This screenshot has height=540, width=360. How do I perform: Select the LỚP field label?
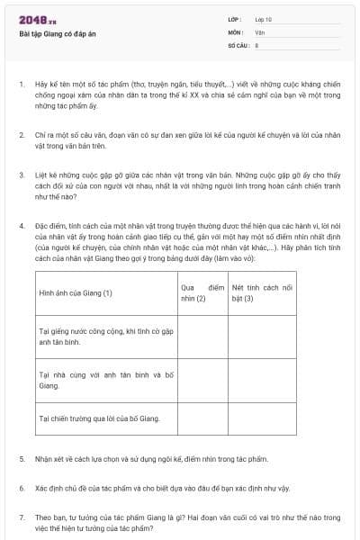tap(235, 20)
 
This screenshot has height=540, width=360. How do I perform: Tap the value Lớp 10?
tap(264, 20)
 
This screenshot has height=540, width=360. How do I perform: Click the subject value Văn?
tap(260, 31)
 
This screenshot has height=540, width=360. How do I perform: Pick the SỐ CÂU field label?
tap(238, 43)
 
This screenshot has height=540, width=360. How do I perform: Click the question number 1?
tap(22, 84)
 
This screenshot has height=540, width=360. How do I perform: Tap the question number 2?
tap(22, 133)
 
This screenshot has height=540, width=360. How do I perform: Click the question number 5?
tap(22, 459)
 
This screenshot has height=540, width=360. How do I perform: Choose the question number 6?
tap(22, 488)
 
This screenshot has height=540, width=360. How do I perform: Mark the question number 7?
tap(22, 517)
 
